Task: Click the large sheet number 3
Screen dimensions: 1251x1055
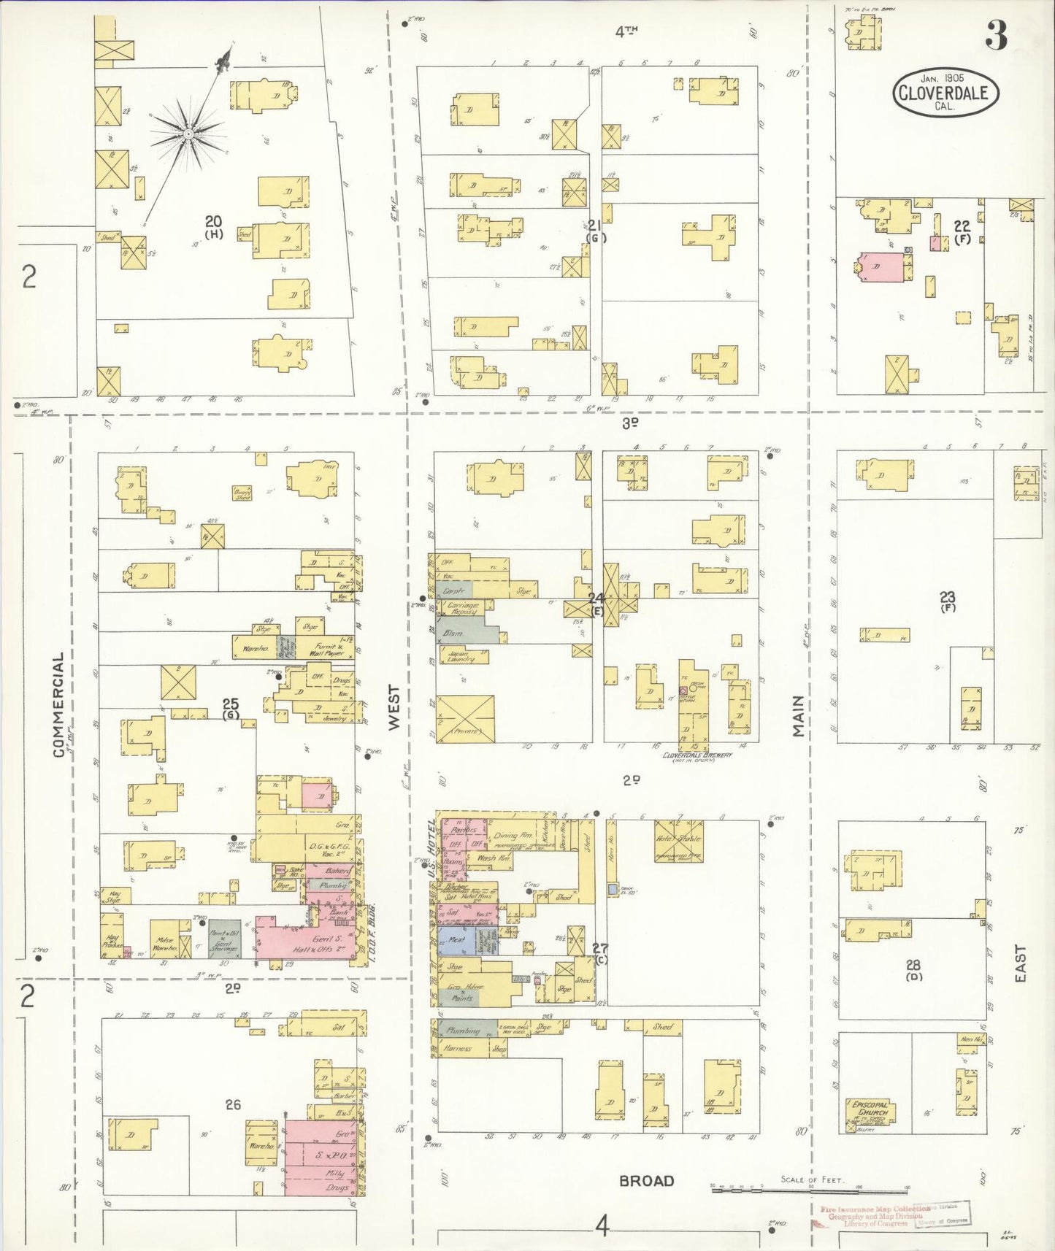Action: [x=997, y=34]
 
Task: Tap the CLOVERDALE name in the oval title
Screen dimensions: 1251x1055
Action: [x=945, y=93]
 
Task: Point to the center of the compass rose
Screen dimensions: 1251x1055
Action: [x=188, y=134]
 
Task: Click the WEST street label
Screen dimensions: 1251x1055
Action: [x=394, y=707]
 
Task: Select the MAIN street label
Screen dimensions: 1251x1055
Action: [x=798, y=715]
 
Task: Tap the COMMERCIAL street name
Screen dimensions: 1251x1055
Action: [x=58, y=704]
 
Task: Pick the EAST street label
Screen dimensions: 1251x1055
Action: [x=1020, y=963]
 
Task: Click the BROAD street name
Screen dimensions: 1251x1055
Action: [x=646, y=1181]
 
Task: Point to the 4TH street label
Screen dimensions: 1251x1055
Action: [x=626, y=31]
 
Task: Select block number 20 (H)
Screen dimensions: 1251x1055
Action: [x=213, y=226]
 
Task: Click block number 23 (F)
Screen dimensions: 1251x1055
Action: [x=948, y=601]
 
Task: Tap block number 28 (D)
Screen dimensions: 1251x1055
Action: [x=913, y=970]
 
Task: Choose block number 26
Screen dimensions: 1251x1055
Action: [x=233, y=1105]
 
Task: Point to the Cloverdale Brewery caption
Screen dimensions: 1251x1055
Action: [x=697, y=755]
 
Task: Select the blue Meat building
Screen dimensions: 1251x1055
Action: [x=456, y=941]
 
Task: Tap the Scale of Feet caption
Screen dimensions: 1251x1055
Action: [x=811, y=1179]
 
